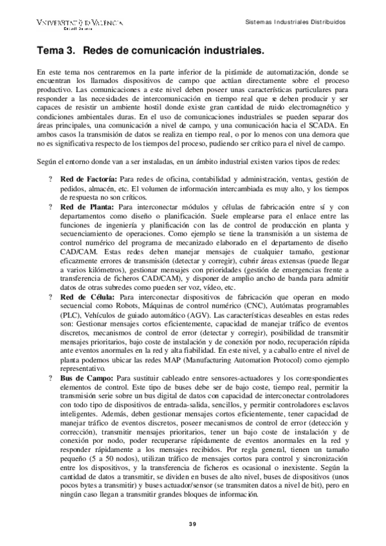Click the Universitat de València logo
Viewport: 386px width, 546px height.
point(80,23)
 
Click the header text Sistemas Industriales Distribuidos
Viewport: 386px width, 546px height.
point(297,21)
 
